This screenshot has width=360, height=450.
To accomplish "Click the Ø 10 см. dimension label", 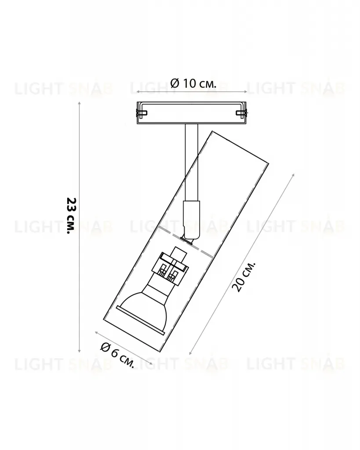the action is pyautogui.click(x=193, y=83).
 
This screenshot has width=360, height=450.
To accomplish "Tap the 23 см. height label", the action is pyautogui.click(x=71, y=215).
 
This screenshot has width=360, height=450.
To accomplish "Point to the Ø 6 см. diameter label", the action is pyautogui.click(x=117, y=355).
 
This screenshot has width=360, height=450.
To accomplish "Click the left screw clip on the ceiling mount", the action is pyautogui.click(x=142, y=113).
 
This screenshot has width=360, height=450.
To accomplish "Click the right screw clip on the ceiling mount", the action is pyautogui.click(x=241, y=113).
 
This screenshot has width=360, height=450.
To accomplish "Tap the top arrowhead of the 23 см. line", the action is pyautogui.click(x=79, y=103).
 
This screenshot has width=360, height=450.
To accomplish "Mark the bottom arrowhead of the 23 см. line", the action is pyautogui.click(x=79, y=351).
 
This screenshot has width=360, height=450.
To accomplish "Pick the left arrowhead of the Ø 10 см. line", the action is pyautogui.click(x=138, y=92).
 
